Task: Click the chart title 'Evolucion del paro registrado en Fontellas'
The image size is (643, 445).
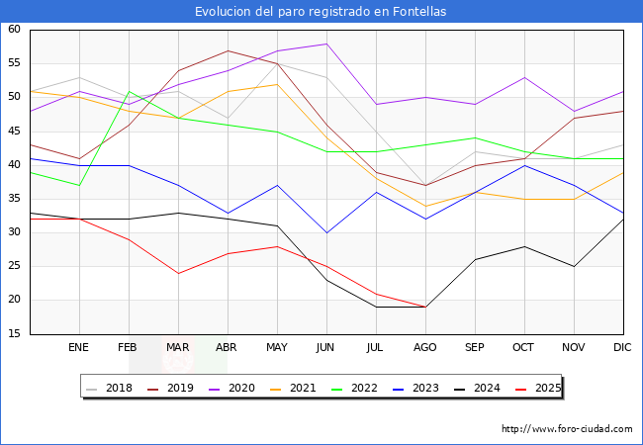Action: (x=321, y=12)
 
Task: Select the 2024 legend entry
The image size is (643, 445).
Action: (x=485, y=388)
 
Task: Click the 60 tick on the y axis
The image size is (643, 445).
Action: (x=15, y=30)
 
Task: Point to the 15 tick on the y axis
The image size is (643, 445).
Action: (x=15, y=334)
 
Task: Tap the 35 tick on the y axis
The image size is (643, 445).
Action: (x=15, y=199)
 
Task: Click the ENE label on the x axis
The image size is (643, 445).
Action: (x=79, y=348)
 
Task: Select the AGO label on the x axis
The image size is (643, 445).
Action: (x=425, y=348)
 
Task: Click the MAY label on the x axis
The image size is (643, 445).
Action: (x=277, y=348)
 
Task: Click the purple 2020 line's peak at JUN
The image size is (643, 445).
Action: (x=326, y=44)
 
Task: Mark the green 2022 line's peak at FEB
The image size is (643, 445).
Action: (x=129, y=91)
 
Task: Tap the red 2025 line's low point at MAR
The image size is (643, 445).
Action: (x=178, y=273)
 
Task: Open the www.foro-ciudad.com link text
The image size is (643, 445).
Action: (x=567, y=429)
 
